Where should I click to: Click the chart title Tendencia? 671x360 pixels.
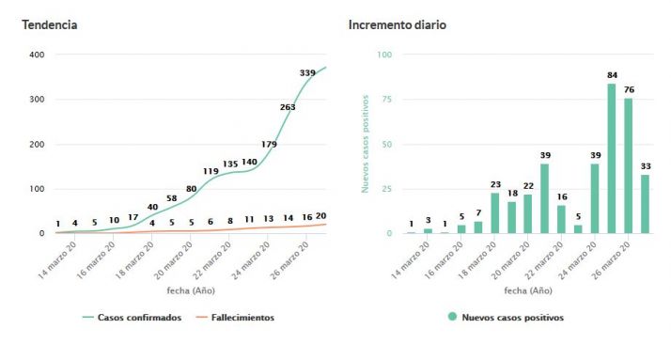coord(50,24)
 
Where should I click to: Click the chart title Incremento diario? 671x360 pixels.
coord(398,24)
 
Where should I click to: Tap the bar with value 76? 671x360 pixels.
coord(628,165)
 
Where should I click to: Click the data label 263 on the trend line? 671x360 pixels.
coord(288,107)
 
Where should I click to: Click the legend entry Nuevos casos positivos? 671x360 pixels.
coord(512,318)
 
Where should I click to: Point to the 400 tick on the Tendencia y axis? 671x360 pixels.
coord(37,55)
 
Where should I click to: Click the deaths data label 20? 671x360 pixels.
coord(321,215)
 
